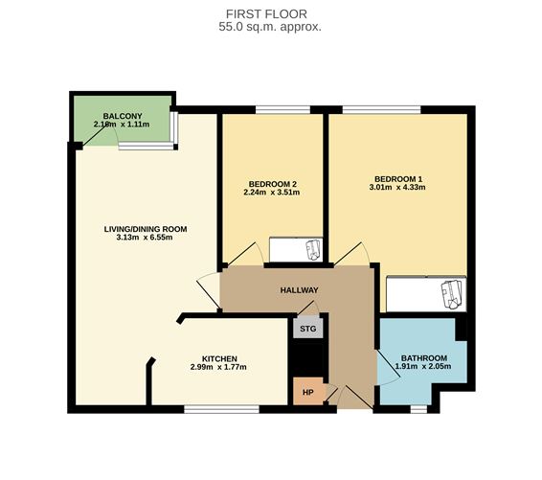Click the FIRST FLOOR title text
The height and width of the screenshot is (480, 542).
pos(270,12)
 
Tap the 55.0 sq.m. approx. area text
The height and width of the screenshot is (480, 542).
pos(270,27)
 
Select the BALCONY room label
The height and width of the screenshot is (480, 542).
pos(124,116)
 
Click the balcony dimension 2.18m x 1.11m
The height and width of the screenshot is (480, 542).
pos(124,126)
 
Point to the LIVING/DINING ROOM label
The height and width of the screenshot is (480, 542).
pos(146,229)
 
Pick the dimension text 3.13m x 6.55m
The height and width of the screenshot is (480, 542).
pos(146,240)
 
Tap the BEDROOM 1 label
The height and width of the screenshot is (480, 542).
pos(398,179)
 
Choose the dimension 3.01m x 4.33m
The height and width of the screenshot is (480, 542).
pos(398,189)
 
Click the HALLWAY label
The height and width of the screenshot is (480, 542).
pos(299,290)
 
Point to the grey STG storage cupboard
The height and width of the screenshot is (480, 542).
pos(307,329)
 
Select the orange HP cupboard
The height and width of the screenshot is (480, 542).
pos(307,392)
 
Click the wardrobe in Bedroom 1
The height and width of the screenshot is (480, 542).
pos(426,293)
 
